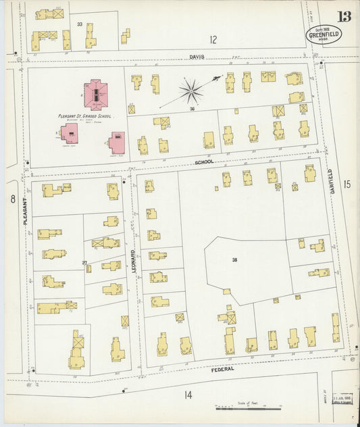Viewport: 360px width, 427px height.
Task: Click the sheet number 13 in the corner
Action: (344, 17)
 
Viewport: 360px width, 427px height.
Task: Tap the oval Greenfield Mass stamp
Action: (324, 34)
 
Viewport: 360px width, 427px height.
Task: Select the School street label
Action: (204, 162)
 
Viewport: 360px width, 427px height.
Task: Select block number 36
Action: (192, 109)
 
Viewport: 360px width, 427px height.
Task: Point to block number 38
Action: (234, 259)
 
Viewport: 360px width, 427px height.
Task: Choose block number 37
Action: (85, 262)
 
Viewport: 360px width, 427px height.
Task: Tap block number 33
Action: (80, 24)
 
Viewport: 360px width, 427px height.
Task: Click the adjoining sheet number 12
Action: (213, 39)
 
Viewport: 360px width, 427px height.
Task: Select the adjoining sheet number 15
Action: (346, 184)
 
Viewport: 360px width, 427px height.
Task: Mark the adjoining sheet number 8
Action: (13, 199)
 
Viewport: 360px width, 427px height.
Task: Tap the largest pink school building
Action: (95, 95)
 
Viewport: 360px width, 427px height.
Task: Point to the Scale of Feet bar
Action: (249, 408)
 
